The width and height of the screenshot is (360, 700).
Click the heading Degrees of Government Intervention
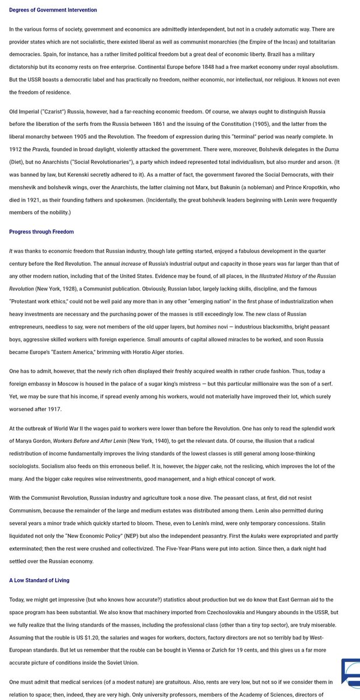click(53, 10)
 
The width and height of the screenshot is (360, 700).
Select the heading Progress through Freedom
click(41, 232)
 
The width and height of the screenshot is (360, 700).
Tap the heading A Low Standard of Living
click(39, 580)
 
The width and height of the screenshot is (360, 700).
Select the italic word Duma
click(331, 149)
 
